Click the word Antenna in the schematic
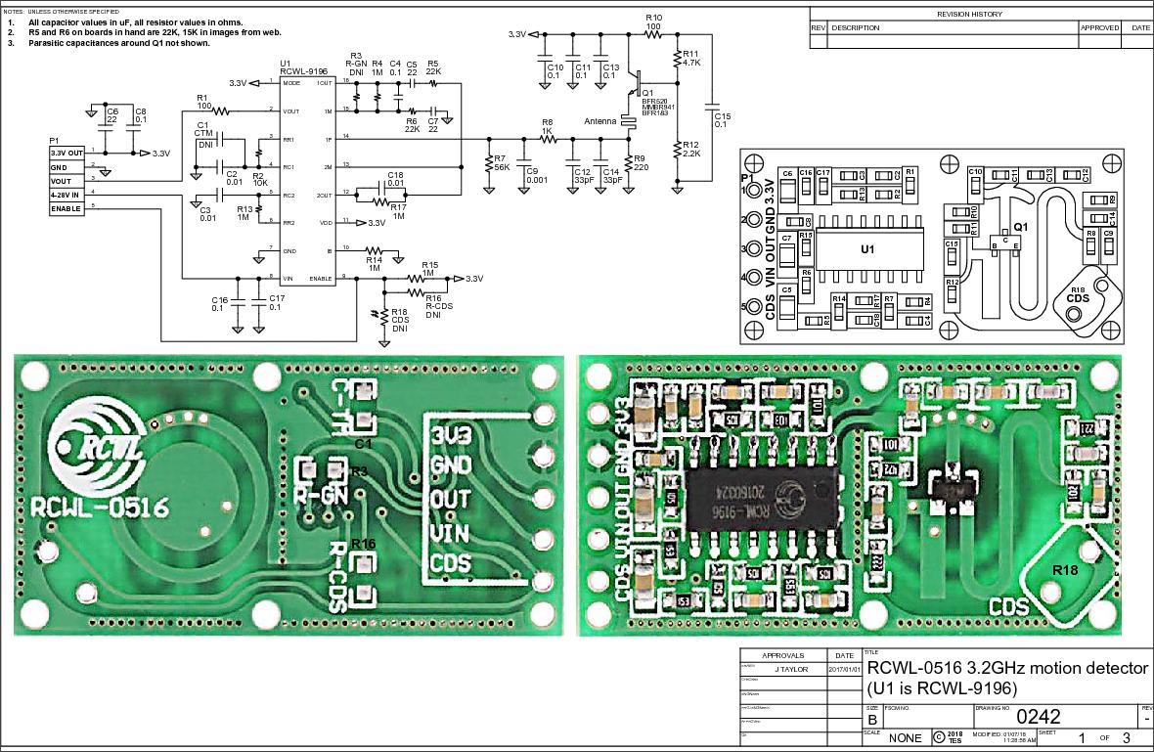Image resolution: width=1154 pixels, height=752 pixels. click(600, 121)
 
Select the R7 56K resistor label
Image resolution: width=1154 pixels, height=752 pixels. click(500, 162)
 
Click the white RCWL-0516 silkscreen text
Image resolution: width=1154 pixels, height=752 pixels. click(100, 509)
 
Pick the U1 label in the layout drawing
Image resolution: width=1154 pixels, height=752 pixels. click(866, 249)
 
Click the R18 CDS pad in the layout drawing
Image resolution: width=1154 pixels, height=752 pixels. click(1078, 294)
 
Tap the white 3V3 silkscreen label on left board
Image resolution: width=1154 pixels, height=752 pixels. click(451, 432)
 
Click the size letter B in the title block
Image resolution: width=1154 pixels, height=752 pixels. click(872, 719)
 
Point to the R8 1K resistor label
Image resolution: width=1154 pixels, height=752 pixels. click(548, 126)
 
